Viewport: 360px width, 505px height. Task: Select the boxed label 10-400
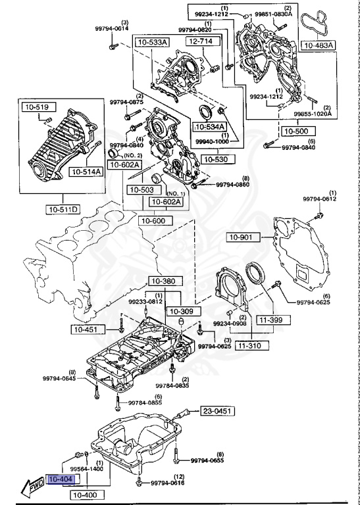click(x=84, y=494)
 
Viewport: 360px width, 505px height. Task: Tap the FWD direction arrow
click(x=32, y=488)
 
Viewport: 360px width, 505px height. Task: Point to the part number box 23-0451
click(x=218, y=411)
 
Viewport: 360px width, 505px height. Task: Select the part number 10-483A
click(x=319, y=45)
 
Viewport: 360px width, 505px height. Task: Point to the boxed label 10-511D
click(x=63, y=210)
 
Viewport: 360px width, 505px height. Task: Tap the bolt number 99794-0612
click(x=319, y=199)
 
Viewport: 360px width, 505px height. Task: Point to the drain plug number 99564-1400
click(x=86, y=469)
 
